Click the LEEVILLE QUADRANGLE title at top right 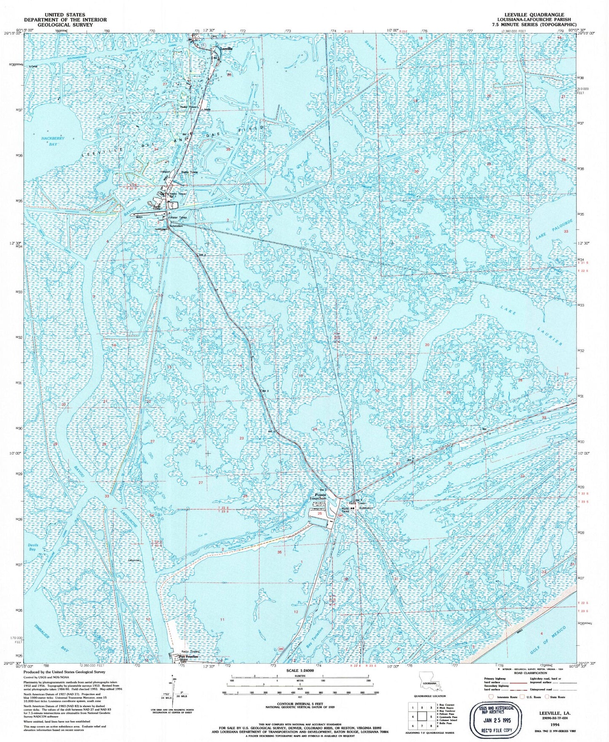[536, 14]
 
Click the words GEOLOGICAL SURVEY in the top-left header [65, 25]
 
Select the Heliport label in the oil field [164, 172]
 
